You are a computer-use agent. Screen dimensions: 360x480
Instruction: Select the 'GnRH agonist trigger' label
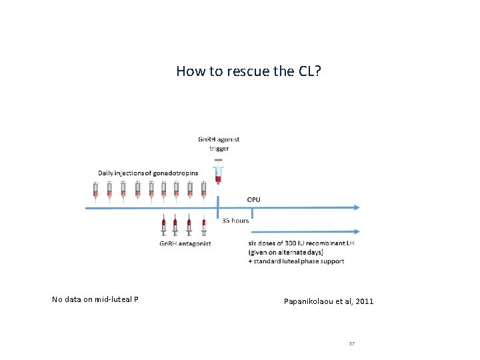[219, 143]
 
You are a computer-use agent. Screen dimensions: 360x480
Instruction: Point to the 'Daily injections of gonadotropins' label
[147, 173]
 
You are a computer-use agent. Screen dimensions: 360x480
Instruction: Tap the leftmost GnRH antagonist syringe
[163, 226]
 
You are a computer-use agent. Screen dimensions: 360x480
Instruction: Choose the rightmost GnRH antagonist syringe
[203, 226]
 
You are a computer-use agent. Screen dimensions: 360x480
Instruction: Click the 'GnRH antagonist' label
[185, 243]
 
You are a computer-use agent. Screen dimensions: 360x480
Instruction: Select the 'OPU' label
[254, 199]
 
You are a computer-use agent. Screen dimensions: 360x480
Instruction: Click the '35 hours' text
[235, 220]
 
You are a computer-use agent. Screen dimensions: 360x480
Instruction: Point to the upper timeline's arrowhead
[357, 207]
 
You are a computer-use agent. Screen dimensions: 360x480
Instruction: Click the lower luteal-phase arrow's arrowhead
[357, 232]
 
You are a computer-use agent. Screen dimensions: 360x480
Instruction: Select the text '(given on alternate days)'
[285, 253]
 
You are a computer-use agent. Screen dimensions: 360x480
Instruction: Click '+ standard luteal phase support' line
[296, 261]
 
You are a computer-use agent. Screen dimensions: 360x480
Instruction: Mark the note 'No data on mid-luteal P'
[95, 299]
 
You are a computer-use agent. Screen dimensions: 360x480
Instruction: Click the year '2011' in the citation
[365, 301]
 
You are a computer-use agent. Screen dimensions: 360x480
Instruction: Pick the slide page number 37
[351, 343]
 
